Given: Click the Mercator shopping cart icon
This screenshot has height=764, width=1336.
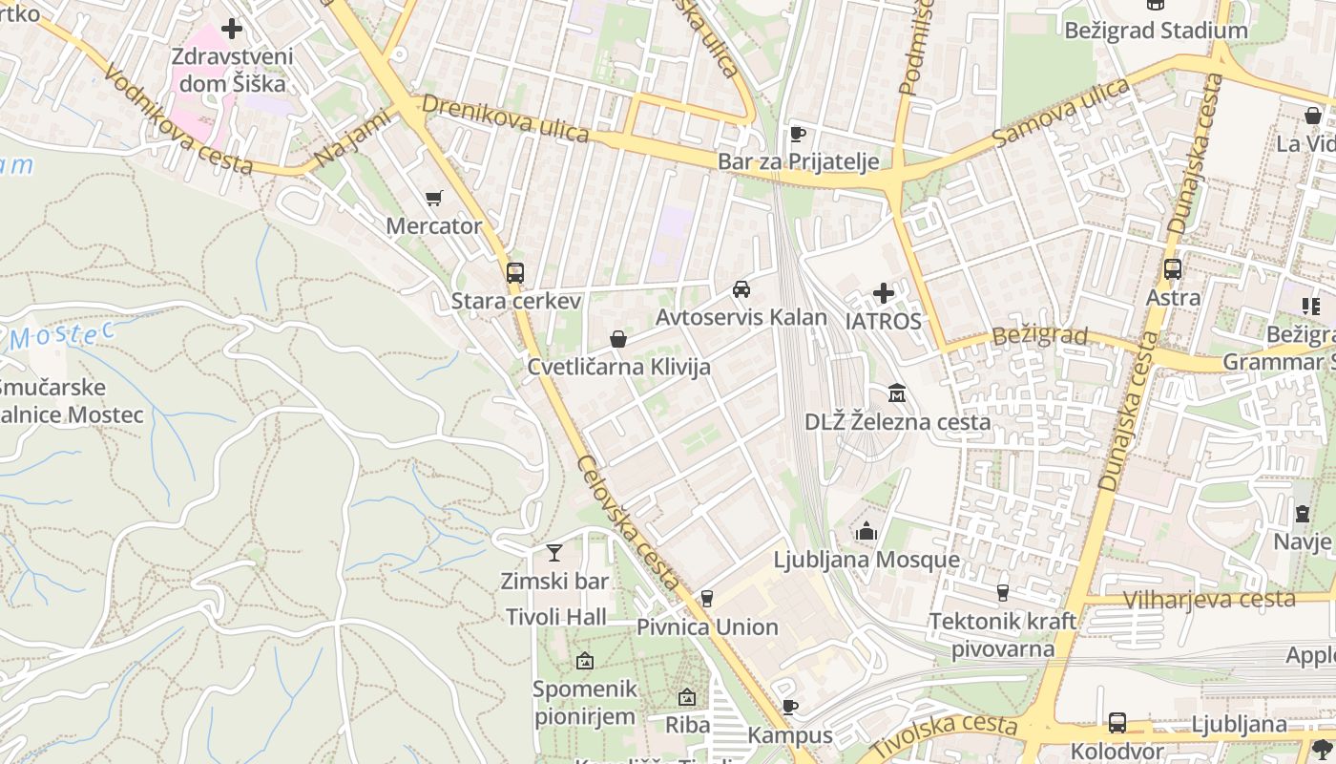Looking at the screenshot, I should coord(434,198).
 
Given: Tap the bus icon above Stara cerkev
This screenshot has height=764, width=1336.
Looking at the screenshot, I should coord(515,272).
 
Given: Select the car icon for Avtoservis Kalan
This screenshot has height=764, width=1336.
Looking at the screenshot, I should coord(741,288).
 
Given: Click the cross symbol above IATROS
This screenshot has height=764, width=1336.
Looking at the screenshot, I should coord(884,292).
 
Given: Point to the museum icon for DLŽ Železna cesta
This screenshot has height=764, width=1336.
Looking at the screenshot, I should coord(897,393).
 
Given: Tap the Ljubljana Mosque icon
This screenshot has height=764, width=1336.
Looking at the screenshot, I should coord(866,531).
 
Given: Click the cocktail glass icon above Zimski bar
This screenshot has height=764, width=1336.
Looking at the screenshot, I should coord(553,552).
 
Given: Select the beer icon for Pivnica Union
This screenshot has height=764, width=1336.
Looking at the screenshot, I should coord(706,599).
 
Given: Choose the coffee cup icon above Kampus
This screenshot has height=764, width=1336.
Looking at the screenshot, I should coord(789,707).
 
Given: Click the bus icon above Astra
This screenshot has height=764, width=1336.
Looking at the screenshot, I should coord(1173,269).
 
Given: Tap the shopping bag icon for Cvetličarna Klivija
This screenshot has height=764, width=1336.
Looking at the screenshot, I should coord(618,339).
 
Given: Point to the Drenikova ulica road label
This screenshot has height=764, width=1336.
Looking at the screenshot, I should coord(505,117).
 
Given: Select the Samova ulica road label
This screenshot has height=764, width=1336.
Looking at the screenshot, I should coord(1060,113).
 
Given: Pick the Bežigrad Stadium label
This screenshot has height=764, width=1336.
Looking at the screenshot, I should coord(1156,31).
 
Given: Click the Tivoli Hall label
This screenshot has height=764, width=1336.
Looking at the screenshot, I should coord(556,617).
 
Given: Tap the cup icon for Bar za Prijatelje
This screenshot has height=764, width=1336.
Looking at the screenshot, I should coord(798,134).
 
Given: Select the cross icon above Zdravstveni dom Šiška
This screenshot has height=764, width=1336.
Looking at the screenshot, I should coord(231,29).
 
